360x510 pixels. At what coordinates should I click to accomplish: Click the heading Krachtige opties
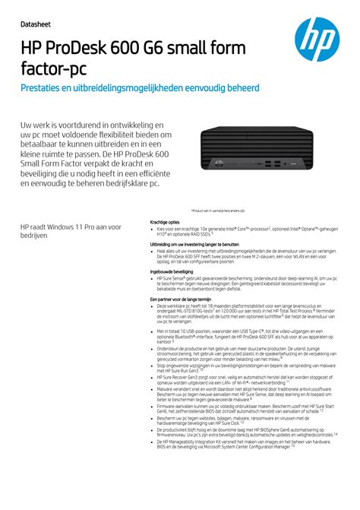coord(166,222)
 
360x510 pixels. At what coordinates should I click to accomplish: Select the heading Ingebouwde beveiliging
coord(172,271)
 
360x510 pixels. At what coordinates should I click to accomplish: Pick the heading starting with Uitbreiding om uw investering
coord(194,244)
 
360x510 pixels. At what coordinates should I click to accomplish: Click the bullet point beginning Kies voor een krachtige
coord(152,229)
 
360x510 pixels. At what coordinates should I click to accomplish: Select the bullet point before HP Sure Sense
coord(152,279)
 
